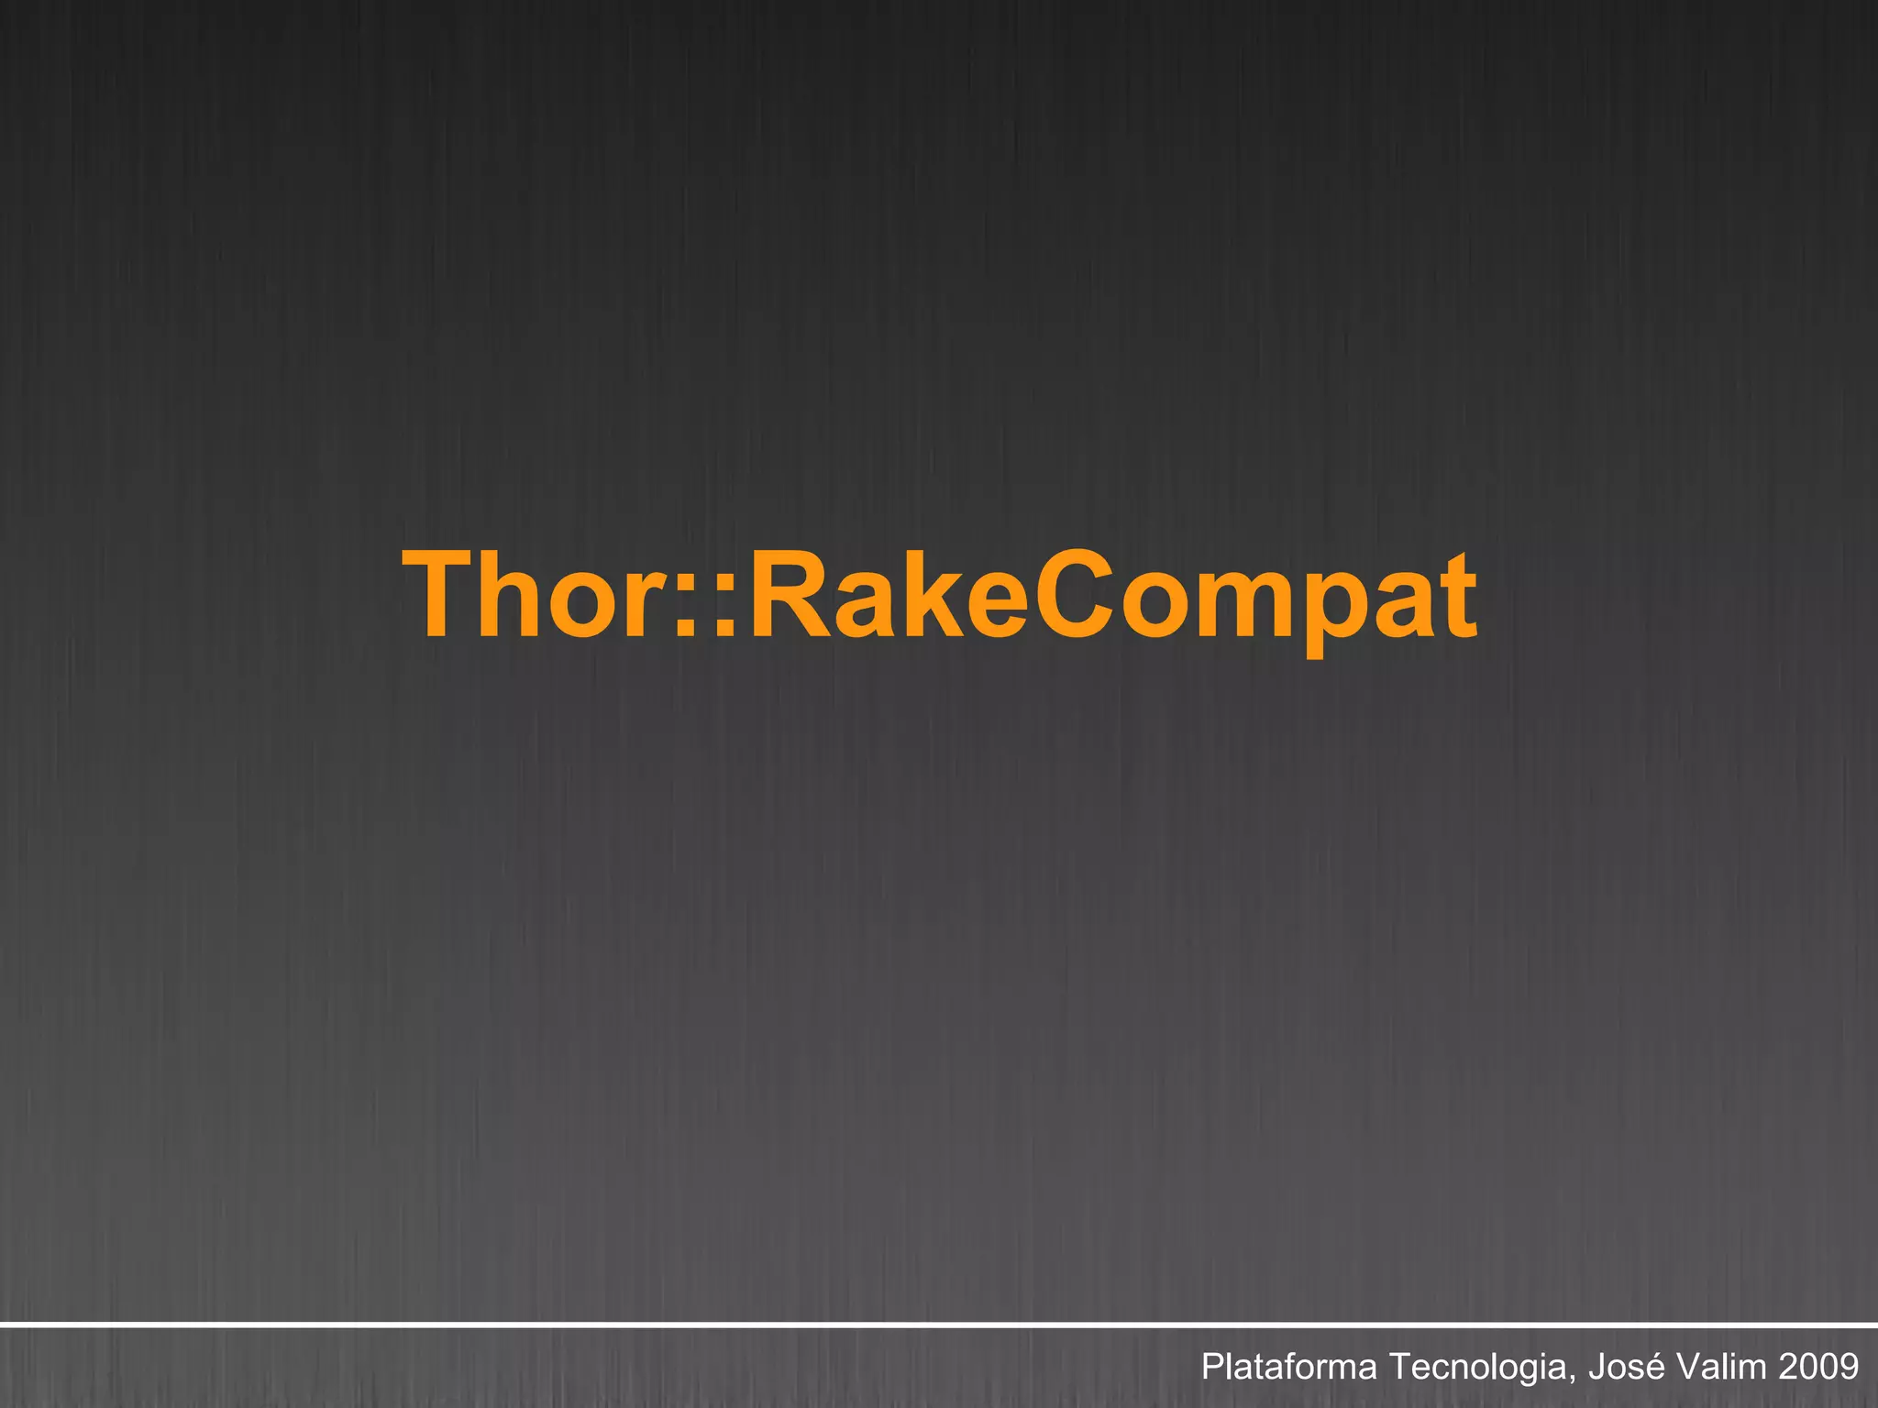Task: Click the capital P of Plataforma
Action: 1212,1366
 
